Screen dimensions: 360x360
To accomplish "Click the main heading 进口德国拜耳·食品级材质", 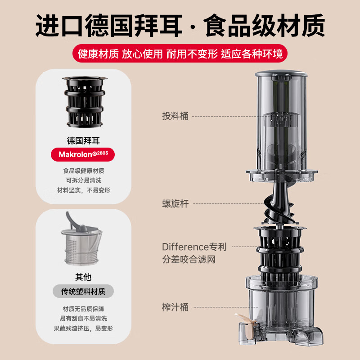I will [x=180, y=26].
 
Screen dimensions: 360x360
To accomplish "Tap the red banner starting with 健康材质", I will [x=180, y=54].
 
